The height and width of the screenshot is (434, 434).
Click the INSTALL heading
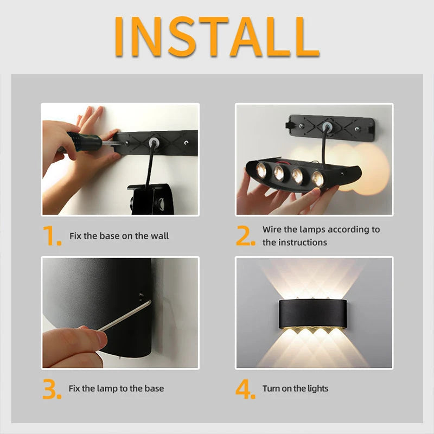click(x=217, y=36)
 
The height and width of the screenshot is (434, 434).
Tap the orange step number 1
click(x=52, y=237)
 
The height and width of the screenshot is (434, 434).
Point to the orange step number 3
click(x=52, y=390)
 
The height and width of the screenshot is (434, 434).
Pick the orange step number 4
click(x=245, y=390)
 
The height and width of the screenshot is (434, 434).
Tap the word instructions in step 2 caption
click(x=303, y=242)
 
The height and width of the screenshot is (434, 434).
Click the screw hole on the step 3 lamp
click(x=142, y=296)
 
